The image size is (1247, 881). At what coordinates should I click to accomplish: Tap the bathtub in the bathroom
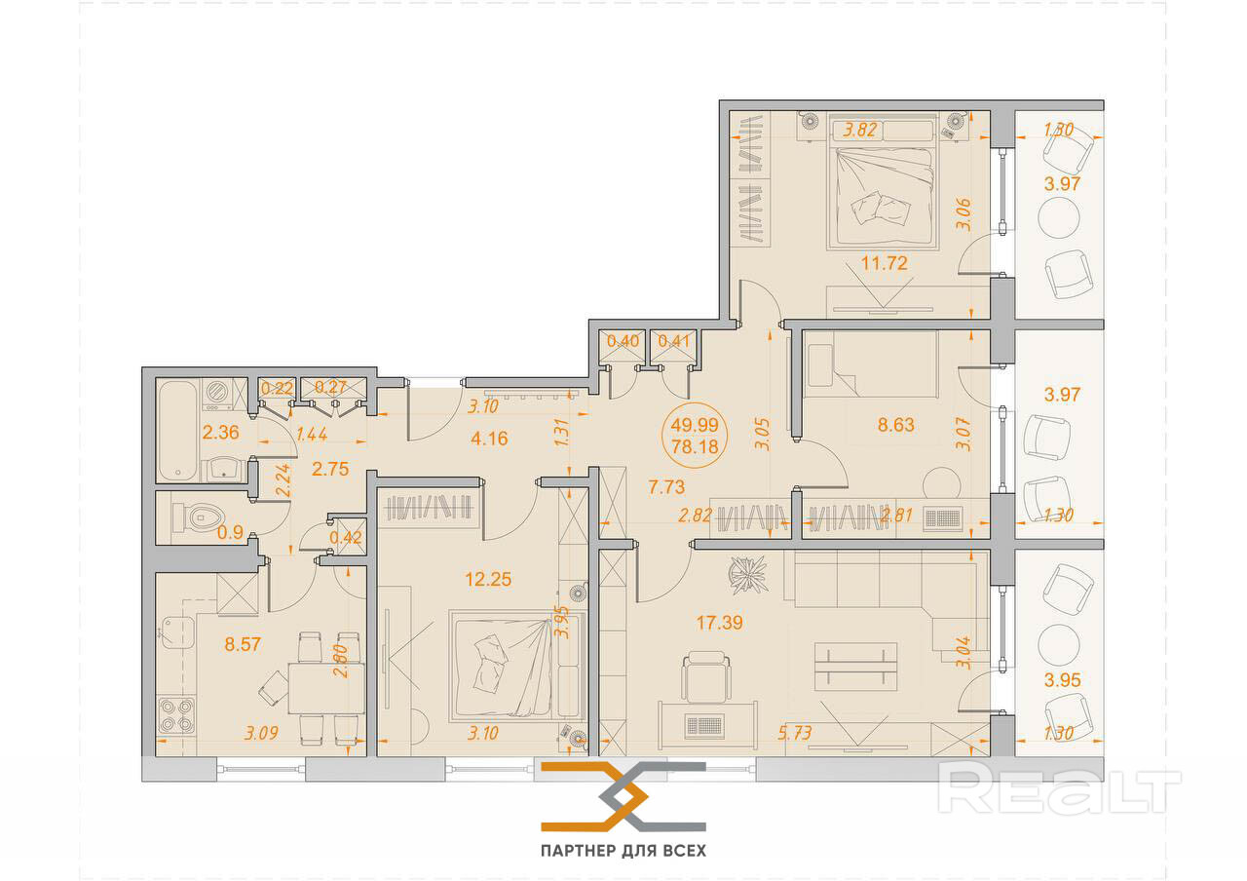(177, 431)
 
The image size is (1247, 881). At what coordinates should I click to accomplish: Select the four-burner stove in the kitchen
(176, 715)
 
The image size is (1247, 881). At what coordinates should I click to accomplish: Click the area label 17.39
(719, 622)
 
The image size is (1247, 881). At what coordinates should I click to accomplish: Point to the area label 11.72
(884, 262)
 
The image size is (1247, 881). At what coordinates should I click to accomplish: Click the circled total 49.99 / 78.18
(695, 435)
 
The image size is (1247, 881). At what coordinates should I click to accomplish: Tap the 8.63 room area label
(895, 425)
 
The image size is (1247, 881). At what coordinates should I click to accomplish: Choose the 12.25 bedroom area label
(488, 579)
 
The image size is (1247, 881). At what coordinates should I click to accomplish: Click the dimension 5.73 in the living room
(794, 733)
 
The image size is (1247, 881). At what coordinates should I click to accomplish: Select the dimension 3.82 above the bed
(860, 130)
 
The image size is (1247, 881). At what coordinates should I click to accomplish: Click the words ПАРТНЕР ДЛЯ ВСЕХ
(623, 851)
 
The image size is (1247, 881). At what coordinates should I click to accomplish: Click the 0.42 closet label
(345, 537)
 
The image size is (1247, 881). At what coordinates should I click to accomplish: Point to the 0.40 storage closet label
(623, 340)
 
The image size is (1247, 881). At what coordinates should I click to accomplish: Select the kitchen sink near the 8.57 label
(177, 632)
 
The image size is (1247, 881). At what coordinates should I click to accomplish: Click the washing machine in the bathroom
(218, 395)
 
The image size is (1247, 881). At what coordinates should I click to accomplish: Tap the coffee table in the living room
(855, 667)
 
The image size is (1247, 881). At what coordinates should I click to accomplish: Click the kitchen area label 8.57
(243, 644)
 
